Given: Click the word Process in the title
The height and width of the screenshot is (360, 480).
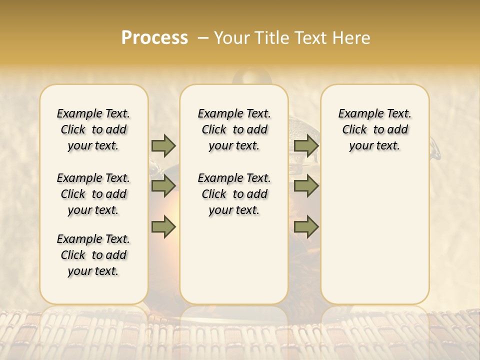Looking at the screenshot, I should (x=154, y=38).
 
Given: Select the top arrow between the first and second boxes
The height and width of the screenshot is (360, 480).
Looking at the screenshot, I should (x=163, y=146).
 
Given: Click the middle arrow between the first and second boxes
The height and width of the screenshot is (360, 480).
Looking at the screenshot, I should (x=163, y=186).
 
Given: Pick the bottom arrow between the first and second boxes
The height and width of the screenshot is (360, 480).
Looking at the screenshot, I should (x=163, y=226).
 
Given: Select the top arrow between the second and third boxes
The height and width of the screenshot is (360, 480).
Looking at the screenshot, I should (x=306, y=146).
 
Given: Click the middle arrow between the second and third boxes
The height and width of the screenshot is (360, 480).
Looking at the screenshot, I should (x=306, y=186).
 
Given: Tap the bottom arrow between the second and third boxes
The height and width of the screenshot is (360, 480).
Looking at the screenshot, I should (x=306, y=226).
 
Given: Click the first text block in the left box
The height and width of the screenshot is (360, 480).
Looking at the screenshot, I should (x=93, y=129).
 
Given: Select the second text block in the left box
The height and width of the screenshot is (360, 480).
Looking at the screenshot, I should (x=93, y=194).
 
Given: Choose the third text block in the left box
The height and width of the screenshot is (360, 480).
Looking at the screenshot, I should (x=93, y=255).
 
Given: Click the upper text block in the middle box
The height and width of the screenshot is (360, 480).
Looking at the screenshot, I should (x=234, y=129).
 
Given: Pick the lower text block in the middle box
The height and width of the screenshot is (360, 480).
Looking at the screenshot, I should (x=234, y=194).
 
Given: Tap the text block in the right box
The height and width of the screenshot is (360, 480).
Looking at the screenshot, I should (x=374, y=129).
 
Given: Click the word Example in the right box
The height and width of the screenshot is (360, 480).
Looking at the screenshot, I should (x=359, y=114).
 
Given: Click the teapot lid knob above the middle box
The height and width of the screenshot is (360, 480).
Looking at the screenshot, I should (x=252, y=77).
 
